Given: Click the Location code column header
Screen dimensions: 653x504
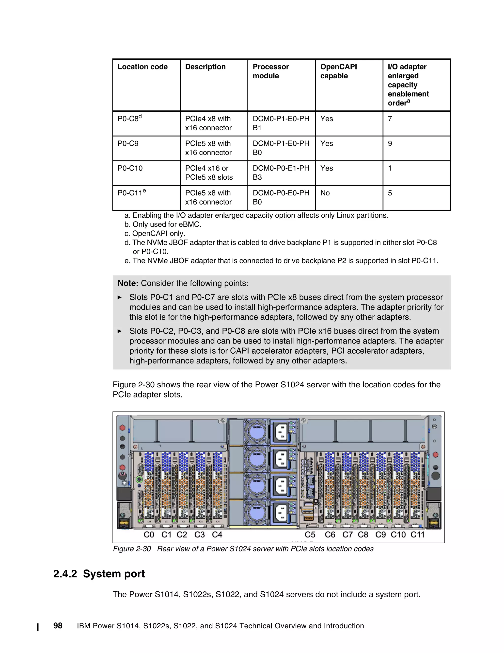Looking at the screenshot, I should pyautogui.click(x=142, y=67).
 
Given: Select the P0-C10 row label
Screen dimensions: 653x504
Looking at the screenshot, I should pyautogui.click(x=130, y=168).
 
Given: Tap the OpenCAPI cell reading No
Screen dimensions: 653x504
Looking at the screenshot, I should pyautogui.click(x=325, y=193).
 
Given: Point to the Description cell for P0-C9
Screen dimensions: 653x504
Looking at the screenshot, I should pyautogui.click(x=208, y=148).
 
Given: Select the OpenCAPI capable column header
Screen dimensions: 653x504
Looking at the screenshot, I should pyautogui.click(x=338, y=71).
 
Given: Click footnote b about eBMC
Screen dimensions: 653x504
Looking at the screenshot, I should pyautogui.click(x=163, y=224).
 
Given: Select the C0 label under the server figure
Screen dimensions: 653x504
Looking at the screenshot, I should pyautogui.click(x=149, y=535).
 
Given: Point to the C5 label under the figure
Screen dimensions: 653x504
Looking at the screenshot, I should pyautogui.click(x=310, y=535).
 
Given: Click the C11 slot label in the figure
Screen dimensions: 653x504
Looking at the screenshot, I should pyautogui.click(x=417, y=535).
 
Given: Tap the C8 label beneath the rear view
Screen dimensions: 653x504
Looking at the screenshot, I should pyautogui.click(x=363, y=535).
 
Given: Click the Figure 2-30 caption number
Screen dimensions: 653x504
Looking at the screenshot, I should pyautogui.click(x=132, y=549).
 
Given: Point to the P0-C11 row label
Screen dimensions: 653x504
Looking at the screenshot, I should pyautogui.click(x=131, y=193).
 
